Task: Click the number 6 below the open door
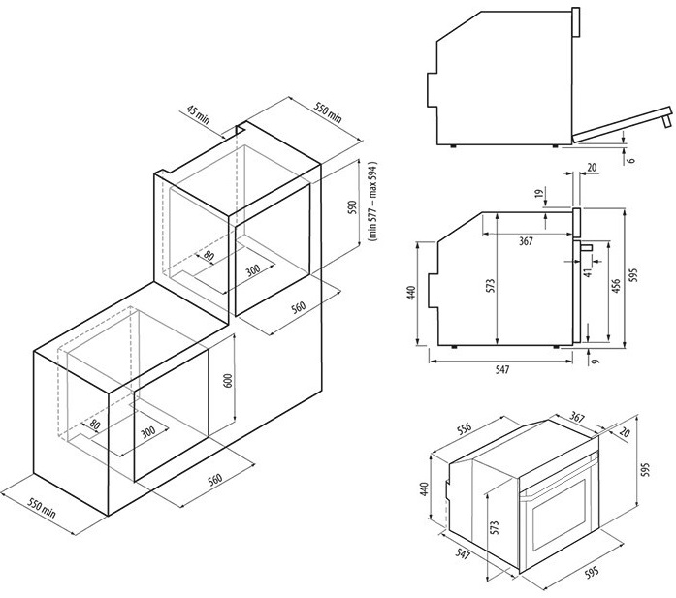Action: point(629,160)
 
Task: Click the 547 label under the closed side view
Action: point(501,370)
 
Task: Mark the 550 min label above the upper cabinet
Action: point(328,108)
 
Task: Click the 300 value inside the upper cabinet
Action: point(252,269)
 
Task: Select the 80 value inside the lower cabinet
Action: point(94,425)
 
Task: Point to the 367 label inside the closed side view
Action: point(526,241)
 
